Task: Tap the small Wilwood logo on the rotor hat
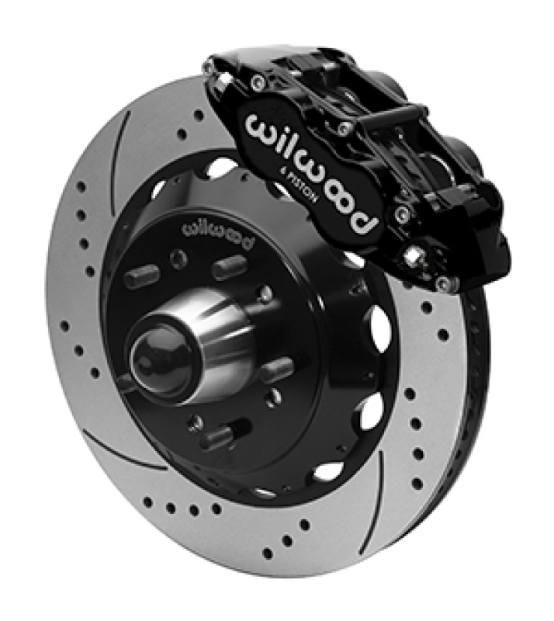point(217,235)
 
